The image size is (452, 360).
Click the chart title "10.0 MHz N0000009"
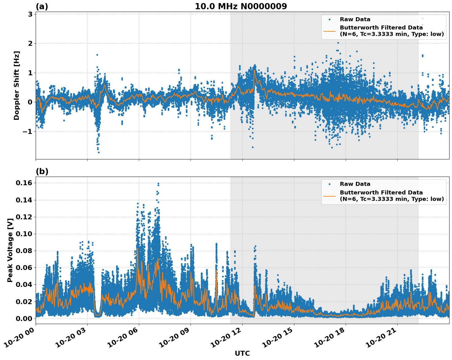click(241, 6)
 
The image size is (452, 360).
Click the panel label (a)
click(42, 6)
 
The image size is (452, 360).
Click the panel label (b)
click(42, 171)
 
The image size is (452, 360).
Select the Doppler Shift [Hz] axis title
click(17, 85)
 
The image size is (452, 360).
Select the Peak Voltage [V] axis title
click(10, 250)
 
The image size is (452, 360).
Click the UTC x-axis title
click(242, 353)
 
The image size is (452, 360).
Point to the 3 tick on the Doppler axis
click(30, 14)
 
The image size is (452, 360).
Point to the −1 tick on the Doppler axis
click(28, 131)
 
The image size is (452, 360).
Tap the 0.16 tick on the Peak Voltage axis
click(24, 183)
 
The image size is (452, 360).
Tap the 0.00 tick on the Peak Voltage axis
click(24, 319)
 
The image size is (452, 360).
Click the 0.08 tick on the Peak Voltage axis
click(24, 251)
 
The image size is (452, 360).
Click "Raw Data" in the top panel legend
click(355, 19)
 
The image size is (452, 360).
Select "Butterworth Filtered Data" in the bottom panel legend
click(381, 193)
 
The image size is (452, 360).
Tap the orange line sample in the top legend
click(329, 31)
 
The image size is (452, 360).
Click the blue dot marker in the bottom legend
click(329, 184)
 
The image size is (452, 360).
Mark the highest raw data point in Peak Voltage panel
click(158, 184)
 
